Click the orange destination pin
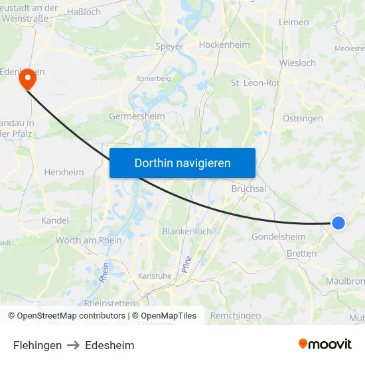point(28,80)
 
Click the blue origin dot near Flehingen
point(338,223)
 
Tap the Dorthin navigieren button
point(183,163)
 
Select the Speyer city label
point(169,46)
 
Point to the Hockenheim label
point(224,45)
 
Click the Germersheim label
point(137,116)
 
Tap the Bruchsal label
point(248,188)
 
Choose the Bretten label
point(301,254)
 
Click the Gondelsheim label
point(278,237)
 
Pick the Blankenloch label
point(187,232)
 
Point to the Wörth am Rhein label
point(89,240)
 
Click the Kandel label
point(54,220)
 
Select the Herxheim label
point(64,172)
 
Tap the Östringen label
point(303,119)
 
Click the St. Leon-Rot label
point(255,83)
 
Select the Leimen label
point(294,22)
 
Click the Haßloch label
point(84,12)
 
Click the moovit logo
point(325,344)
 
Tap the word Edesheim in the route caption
point(110,345)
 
